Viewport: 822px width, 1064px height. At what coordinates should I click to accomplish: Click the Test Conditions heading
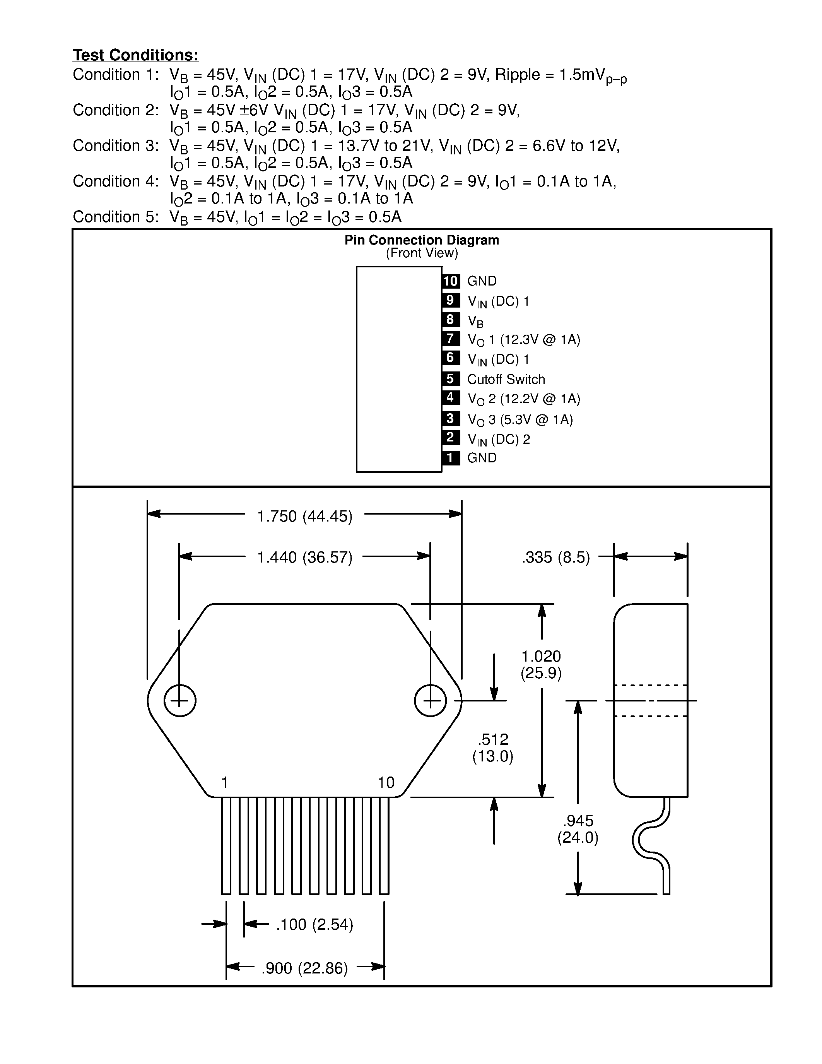coord(135,55)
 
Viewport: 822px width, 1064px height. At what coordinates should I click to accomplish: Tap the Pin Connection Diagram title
coord(422,240)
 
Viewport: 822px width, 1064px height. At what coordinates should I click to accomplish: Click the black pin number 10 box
coord(450,281)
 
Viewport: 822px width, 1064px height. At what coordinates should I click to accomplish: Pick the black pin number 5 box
coord(450,378)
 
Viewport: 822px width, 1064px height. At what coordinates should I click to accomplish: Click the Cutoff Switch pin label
coord(506,379)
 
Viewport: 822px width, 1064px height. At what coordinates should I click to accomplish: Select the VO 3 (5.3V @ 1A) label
coord(520,419)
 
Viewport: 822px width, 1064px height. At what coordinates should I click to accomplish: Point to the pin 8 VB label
coord(475,321)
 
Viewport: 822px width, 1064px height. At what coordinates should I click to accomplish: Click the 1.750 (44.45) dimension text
coord(305,516)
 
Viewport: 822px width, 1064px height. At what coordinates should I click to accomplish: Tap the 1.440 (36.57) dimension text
coord(305,557)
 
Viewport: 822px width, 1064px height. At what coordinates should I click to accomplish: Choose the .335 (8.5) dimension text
coord(555,557)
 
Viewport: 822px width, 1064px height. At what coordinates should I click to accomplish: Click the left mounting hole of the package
coord(180,701)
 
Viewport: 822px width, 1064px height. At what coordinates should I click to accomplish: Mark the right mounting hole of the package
coord(431,701)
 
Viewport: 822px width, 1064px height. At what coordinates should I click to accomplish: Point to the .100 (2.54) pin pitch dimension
coord(314,924)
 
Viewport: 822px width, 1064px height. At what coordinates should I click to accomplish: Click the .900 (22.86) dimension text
coord(305,968)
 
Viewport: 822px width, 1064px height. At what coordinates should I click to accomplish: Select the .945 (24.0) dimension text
coord(578,829)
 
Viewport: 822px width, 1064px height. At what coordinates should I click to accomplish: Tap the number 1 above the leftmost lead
coord(224,782)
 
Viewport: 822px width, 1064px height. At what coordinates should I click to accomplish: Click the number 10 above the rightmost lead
coord(386,782)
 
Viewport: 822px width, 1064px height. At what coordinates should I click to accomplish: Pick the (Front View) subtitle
coord(422,253)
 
